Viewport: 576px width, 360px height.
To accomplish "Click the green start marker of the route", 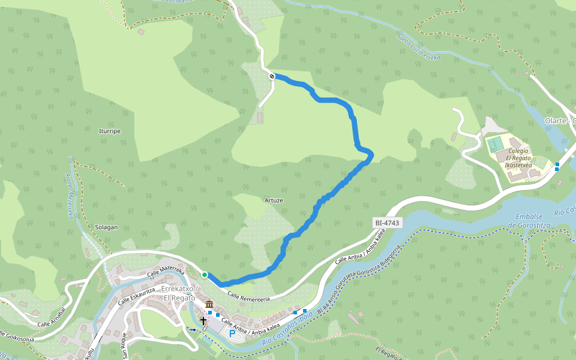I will click(x=205, y=275).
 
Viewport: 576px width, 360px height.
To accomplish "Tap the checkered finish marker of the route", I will click(x=272, y=76).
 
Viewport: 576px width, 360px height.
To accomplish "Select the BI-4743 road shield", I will click(x=386, y=223).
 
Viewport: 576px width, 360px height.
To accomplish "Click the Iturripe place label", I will click(x=110, y=131).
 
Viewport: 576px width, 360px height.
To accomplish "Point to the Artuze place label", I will click(x=274, y=200).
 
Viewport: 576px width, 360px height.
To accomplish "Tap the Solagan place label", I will click(x=106, y=227).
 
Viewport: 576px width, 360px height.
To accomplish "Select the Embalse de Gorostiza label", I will click(x=529, y=220).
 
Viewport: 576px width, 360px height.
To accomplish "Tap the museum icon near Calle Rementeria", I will click(x=209, y=305).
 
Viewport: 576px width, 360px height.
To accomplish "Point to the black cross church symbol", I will click(x=203, y=320).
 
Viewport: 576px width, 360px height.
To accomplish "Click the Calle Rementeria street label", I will click(x=249, y=296).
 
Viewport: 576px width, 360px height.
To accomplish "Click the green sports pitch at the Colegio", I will click(x=496, y=145).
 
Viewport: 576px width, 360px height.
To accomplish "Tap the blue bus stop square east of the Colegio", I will click(x=557, y=166).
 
